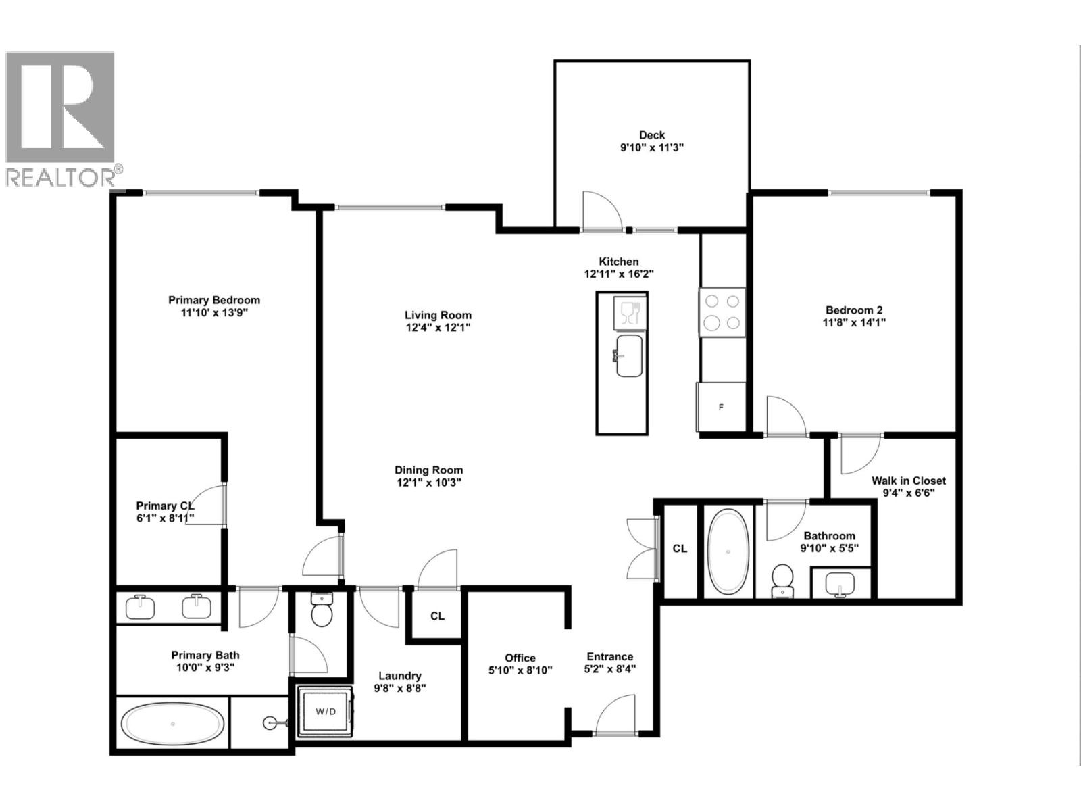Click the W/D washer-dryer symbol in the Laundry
coord(325,711)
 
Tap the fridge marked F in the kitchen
coord(722,407)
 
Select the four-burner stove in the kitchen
coord(722,312)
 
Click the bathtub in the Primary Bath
coord(173,724)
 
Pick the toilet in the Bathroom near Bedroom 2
coord(782,580)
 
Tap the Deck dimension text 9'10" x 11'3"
coord(652,147)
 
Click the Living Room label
coord(438,315)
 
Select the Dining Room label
coord(429,470)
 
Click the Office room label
coord(520,658)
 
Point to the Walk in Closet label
coord(908,481)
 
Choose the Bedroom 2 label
coord(854,310)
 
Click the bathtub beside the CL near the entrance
coord(728,551)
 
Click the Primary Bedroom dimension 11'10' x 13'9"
coord(214,313)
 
